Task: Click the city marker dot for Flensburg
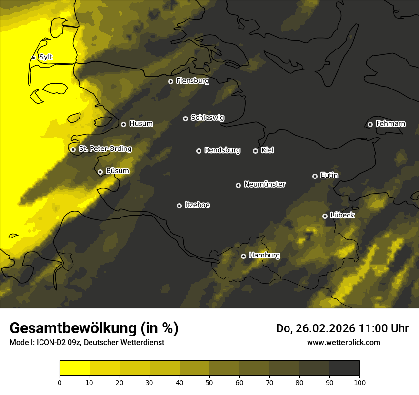coord(170,81)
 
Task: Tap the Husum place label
coord(141,124)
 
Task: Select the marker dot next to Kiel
coord(255,151)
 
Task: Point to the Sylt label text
coord(46,57)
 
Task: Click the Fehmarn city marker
coord(370,124)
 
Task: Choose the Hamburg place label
coord(264,255)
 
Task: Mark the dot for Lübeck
coord(325,216)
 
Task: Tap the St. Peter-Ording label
coord(105,148)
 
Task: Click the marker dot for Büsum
coord(100,172)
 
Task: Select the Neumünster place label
coord(265,184)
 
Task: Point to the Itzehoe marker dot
coord(179,206)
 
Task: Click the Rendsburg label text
coord(222,150)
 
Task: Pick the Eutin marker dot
coord(315,176)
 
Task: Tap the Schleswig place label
coord(207,118)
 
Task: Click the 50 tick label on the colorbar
coord(209,382)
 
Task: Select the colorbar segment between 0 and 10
coord(74,368)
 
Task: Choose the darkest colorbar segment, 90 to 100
coord(344,368)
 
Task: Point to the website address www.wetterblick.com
coord(343,342)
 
